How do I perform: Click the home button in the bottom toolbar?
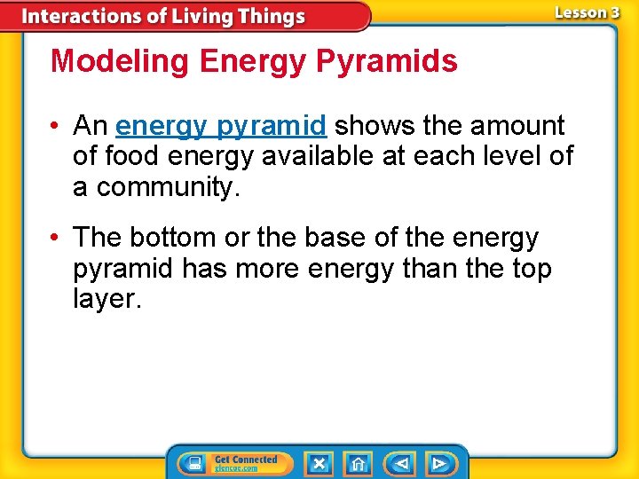click(358, 463)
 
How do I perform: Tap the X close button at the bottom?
click(319, 463)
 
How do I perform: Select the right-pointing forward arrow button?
click(438, 463)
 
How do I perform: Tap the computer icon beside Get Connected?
click(194, 463)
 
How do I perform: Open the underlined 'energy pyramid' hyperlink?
click(221, 126)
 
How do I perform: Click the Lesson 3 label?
click(587, 12)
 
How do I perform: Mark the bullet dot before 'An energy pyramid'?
click(56, 127)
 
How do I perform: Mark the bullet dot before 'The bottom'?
click(56, 239)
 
